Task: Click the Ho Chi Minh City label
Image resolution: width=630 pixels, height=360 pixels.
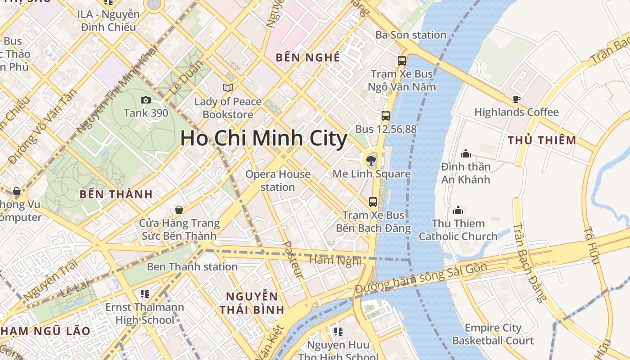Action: click(x=264, y=138)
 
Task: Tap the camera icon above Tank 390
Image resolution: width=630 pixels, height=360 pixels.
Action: click(x=146, y=100)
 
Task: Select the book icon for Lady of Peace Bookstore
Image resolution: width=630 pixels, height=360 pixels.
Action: click(x=228, y=88)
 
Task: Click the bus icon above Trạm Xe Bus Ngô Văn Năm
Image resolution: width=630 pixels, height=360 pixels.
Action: click(x=401, y=61)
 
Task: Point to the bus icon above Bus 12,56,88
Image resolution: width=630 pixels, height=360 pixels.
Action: click(x=386, y=116)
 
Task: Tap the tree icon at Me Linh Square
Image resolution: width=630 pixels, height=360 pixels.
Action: click(x=371, y=159)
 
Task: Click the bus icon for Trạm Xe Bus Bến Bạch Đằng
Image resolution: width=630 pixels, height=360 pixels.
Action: click(x=373, y=202)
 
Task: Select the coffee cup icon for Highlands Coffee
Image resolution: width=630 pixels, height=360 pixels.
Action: click(x=516, y=99)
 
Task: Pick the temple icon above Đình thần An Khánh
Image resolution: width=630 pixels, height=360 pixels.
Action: click(x=466, y=153)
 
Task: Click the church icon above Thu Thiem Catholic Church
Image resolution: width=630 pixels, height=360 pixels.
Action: click(x=458, y=210)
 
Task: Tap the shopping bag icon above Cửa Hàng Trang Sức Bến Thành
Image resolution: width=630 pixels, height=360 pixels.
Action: click(x=179, y=210)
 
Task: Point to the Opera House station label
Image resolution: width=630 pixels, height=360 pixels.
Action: click(x=278, y=180)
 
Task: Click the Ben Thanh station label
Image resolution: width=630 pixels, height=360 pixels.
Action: click(x=192, y=267)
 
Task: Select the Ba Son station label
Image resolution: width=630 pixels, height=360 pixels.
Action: click(x=411, y=35)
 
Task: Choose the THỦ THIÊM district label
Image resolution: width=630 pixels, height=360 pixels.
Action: click(x=542, y=140)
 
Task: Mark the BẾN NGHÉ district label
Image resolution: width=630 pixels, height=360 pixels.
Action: click(x=308, y=57)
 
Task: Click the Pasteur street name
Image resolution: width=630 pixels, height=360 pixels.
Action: click(x=293, y=259)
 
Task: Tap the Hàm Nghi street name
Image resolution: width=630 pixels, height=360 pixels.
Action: click(x=336, y=260)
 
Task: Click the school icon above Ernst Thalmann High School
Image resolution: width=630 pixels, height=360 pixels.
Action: click(x=144, y=294)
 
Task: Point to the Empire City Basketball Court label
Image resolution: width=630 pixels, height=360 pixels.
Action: click(x=493, y=334)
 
